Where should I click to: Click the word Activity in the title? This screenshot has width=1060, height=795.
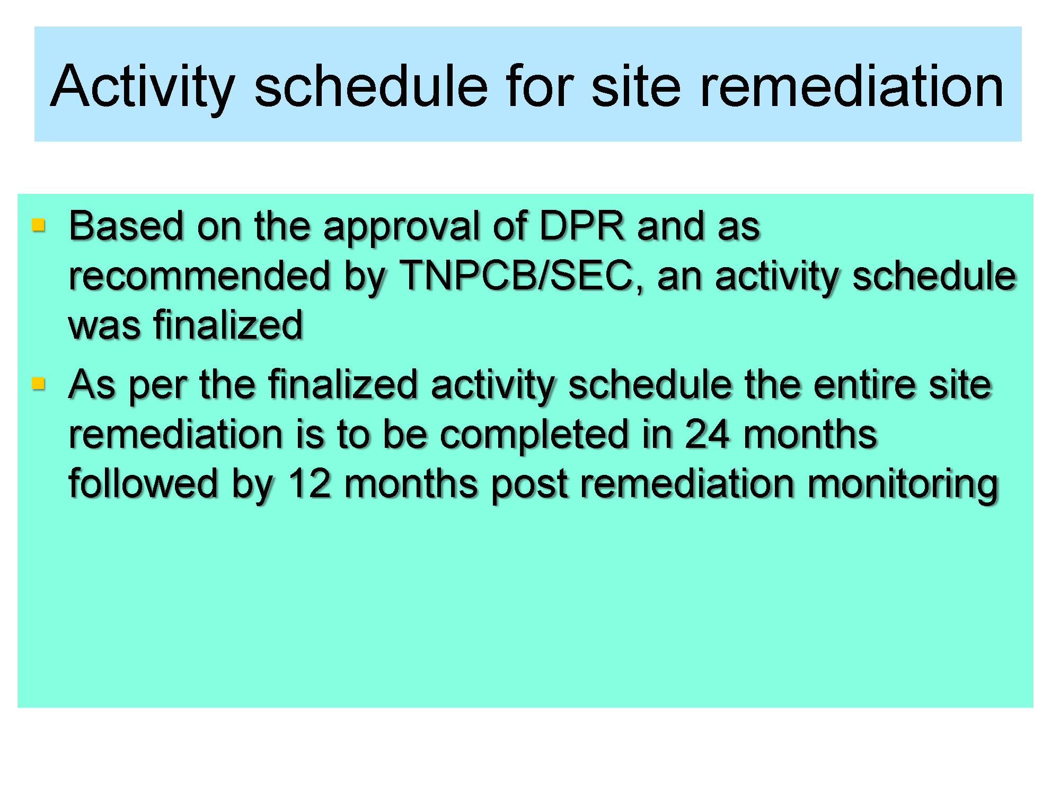[143, 87]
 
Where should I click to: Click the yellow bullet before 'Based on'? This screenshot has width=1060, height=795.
[38, 225]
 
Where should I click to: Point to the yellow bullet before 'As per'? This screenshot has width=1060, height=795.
[38, 383]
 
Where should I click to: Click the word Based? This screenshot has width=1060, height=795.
[126, 226]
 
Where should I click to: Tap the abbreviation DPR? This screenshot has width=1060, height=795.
[581, 226]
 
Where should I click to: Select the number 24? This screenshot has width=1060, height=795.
[707, 435]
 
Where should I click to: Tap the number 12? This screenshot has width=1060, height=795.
[309, 483]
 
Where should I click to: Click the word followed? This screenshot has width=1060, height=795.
[143, 483]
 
